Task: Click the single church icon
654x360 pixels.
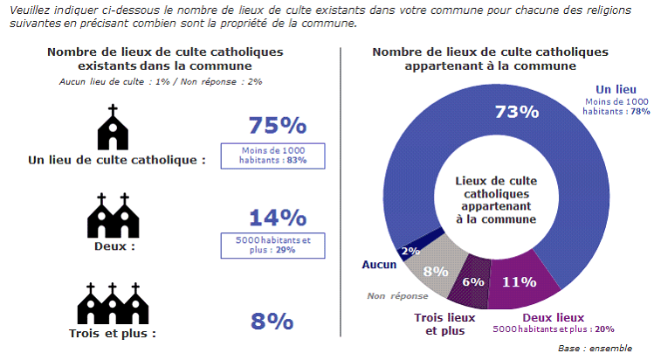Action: click(111, 128)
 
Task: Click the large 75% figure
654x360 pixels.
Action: click(277, 126)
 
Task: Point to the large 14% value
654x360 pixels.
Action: click(277, 218)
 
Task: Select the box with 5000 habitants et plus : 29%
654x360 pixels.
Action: click(274, 246)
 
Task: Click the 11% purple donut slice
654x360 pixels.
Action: click(519, 281)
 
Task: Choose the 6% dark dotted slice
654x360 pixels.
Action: click(472, 281)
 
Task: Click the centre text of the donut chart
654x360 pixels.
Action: click(494, 199)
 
